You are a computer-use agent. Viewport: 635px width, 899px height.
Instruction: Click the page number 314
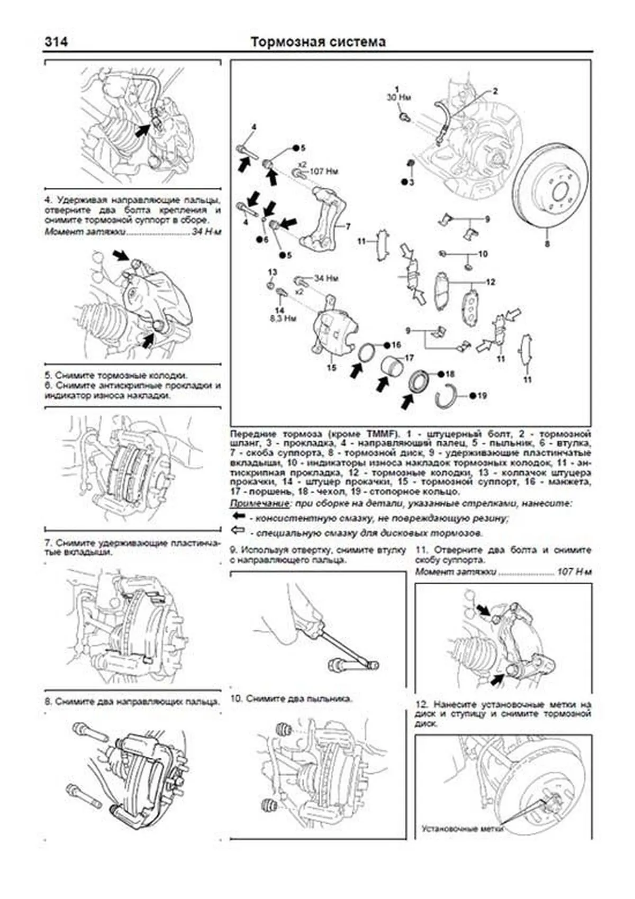(56, 42)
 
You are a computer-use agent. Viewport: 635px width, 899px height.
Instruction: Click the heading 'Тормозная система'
(318, 42)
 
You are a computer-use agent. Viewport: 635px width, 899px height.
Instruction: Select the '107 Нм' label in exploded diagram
(324, 171)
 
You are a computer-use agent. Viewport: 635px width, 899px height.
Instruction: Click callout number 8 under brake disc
(547, 244)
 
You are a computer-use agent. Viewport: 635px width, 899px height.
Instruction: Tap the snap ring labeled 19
(447, 394)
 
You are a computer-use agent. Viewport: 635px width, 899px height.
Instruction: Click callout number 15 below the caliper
(331, 367)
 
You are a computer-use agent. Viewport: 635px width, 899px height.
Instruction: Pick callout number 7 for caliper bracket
(348, 226)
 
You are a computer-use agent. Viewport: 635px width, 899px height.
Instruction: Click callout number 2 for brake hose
(495, 91)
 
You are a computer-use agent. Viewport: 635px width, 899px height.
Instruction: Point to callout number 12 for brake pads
(490, 282)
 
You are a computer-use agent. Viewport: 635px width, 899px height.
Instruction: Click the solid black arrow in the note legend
(239, 516)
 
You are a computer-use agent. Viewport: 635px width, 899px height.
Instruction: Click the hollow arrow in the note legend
(239, 530)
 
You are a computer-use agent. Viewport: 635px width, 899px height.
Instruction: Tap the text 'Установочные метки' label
(462, 844)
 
